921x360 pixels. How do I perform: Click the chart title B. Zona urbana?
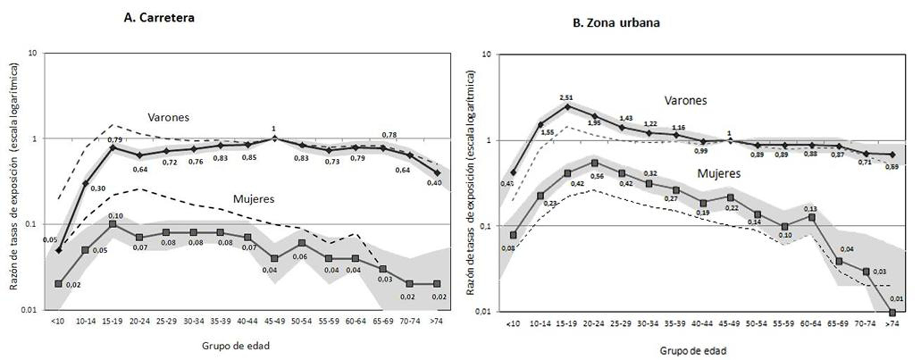pos(616,23)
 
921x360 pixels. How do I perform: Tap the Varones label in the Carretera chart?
pos(168,117)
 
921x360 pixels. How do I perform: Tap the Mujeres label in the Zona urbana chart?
pos(719,174)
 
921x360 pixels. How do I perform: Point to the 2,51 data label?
pos(567,98)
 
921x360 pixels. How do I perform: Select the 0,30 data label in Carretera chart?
pos(97,188)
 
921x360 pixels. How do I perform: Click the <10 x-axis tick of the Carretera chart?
pos(57,321)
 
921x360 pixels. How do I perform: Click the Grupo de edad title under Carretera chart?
pos(236,346)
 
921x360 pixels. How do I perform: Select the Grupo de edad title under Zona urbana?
pos(693,350)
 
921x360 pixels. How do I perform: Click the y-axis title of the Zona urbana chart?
pos(471,182)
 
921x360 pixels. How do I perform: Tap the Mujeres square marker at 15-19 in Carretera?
pos(113,224)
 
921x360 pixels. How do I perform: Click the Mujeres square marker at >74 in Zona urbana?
pos(892,313)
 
